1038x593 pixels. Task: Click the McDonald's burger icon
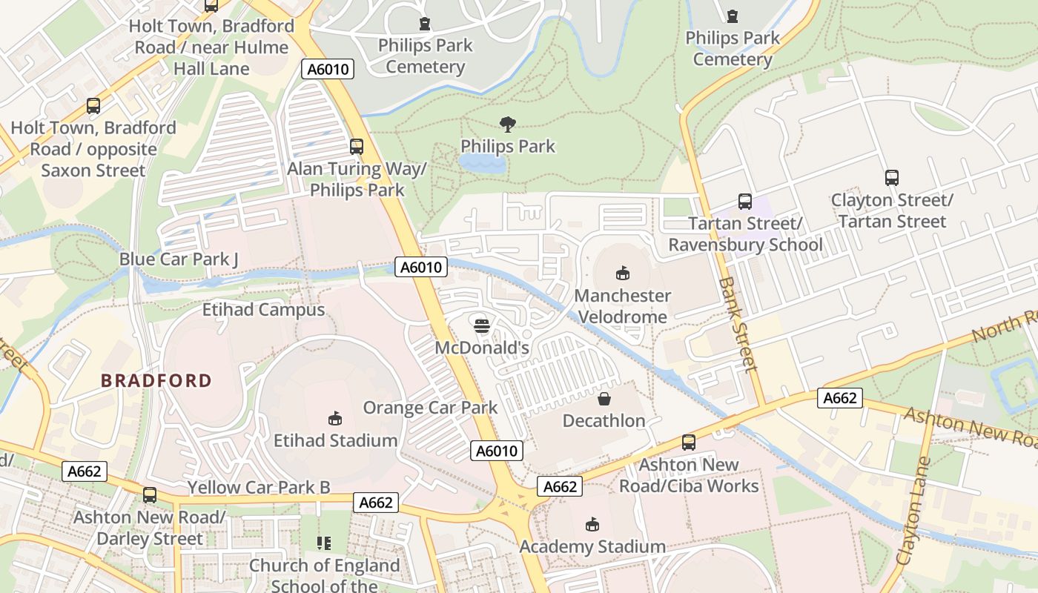481,325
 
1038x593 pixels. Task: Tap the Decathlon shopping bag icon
604,399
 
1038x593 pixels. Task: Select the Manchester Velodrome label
623,306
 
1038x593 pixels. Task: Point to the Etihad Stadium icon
335,419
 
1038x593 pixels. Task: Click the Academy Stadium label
592,547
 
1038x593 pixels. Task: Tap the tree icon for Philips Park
508,124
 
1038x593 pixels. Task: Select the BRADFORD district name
156,381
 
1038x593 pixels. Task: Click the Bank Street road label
738,324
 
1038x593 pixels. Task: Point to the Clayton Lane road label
913,511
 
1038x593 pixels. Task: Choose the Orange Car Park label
430,408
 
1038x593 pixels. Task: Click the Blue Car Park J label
179,259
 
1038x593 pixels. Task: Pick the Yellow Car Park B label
259,488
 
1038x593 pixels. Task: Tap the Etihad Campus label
263,309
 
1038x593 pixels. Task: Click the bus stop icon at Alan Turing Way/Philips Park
357,147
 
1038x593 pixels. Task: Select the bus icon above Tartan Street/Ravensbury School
745,202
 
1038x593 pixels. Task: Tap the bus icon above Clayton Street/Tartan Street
892,178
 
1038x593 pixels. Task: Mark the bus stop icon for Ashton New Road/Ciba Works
689,443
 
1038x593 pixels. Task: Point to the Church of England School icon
323,543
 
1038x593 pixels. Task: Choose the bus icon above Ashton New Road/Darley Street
150,495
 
